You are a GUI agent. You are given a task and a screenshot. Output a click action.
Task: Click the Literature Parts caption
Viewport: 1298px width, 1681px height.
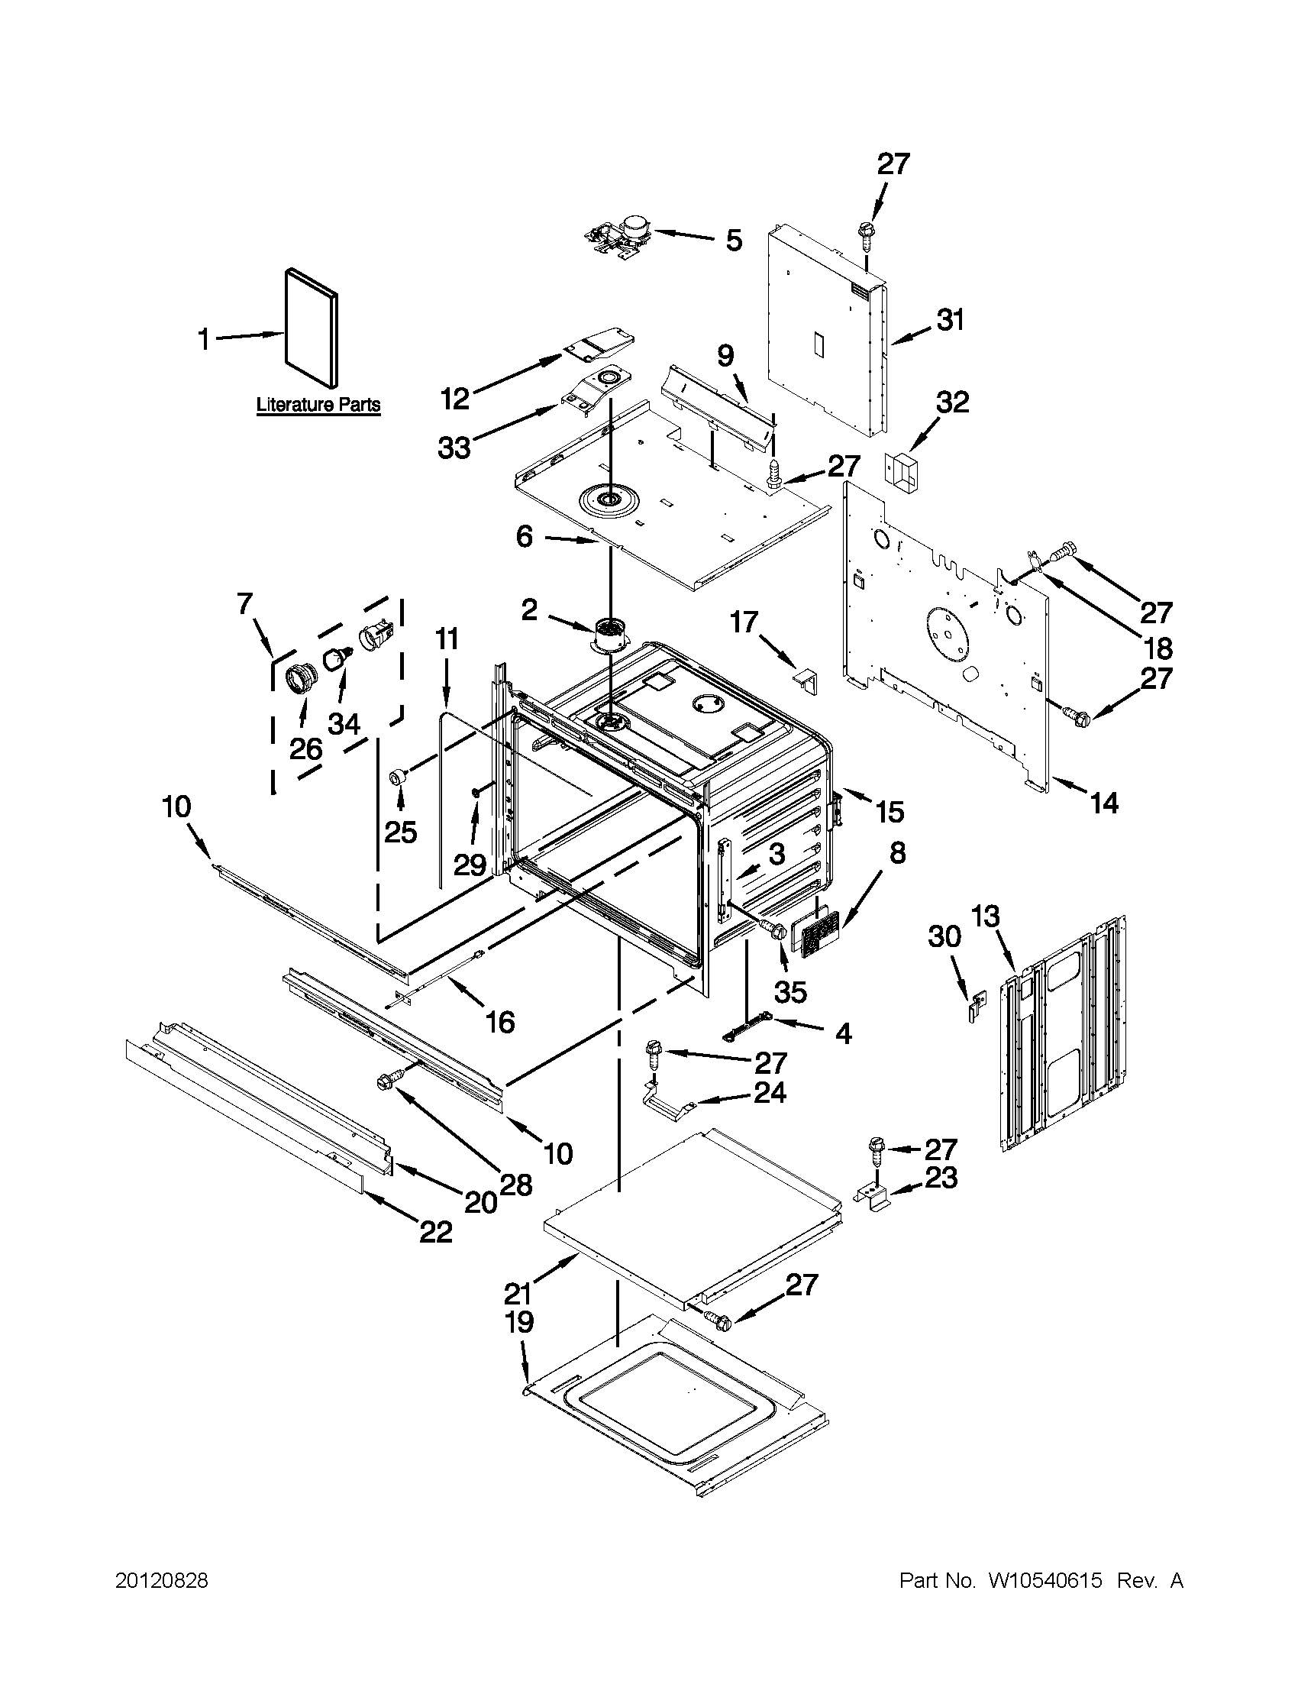point(318,405)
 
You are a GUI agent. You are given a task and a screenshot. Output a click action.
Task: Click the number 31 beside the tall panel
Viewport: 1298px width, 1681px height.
point(951,320)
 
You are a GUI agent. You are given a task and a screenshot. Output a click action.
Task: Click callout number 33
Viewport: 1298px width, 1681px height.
point(454,448)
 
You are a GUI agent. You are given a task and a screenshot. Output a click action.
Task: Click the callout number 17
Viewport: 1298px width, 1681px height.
point(744,622)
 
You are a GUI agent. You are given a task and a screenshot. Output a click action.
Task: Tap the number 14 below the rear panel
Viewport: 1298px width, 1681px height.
point(1104,803)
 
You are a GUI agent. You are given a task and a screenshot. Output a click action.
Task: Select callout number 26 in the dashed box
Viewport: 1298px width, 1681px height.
point(305,748)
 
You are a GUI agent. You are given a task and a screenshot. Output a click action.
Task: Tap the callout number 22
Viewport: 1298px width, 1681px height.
point(434,1232)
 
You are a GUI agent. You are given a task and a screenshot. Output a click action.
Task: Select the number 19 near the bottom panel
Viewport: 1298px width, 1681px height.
point(519,1322)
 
